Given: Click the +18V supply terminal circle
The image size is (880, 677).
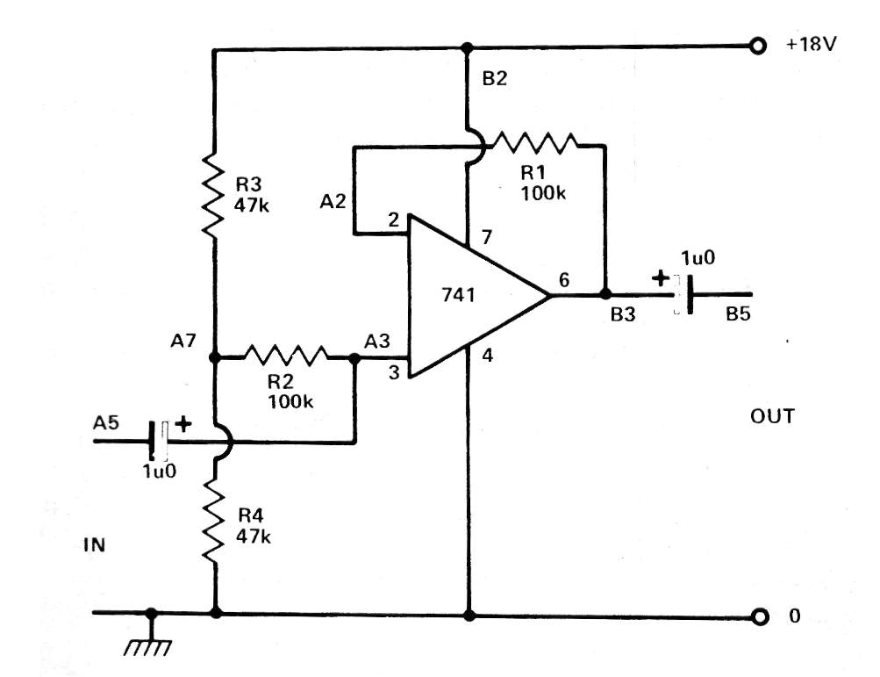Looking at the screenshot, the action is tap(758, 46).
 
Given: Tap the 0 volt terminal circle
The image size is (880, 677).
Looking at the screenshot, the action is tap(759, 617).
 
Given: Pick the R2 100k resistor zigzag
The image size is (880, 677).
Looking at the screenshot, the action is tap(286, 356).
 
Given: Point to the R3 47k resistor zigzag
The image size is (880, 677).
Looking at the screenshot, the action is tap(213, 194).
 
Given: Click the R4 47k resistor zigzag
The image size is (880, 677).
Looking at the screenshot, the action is tap(213, 520).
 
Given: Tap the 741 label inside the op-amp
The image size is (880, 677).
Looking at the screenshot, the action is tap(458, 294).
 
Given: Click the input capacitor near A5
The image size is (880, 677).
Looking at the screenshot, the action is tap(158, 441).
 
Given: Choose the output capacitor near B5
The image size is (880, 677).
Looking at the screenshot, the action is tap(683, 294).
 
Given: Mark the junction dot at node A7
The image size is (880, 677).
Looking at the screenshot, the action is tap(214, 357).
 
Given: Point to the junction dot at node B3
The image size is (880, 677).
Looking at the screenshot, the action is tap(605, 294).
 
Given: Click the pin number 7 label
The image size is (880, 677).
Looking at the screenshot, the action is tap(487, 237).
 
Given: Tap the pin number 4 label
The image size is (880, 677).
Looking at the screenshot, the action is tap(487, 356).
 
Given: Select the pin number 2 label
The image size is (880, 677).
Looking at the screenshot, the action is tap(393, 220).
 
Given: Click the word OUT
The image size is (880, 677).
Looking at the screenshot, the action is tap(772, 416).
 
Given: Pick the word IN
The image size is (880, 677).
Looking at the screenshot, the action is tap(94, 544).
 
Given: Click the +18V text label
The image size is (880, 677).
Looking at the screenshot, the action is tap(811, 44).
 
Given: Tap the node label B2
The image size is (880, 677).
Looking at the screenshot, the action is tap(495, 79).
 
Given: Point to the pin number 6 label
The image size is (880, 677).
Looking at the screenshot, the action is tap(564, 279).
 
